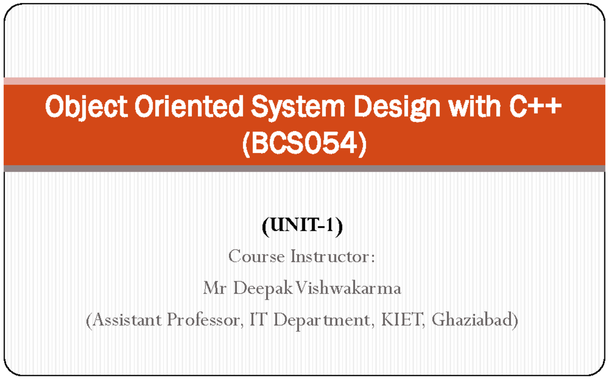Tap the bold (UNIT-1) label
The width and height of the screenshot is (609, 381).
tap(302, 225)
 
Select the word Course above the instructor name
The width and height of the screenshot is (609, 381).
tap(256, 257)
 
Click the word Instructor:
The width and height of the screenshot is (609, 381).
tap(333, 257)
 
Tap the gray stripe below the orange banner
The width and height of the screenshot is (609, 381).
tap(304, 169)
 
